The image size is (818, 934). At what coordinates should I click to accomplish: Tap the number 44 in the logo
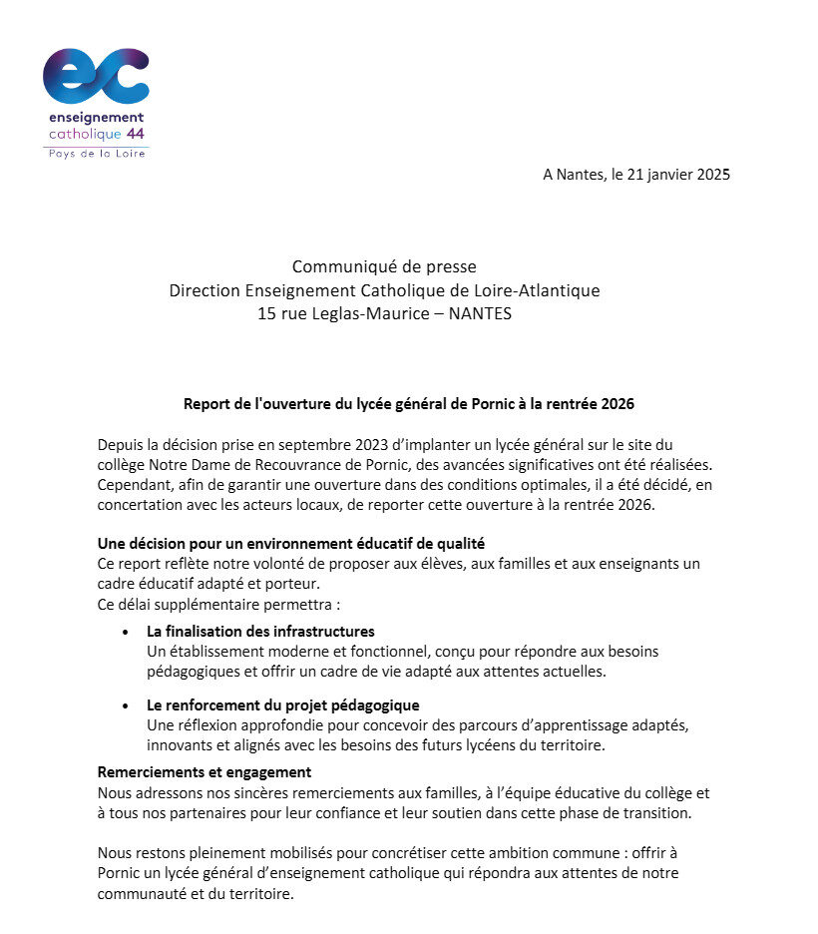tap(136, 134)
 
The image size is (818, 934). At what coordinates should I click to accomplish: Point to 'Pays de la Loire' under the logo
tap(95, 153)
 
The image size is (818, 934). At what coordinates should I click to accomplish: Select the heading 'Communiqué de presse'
tap(384, 266)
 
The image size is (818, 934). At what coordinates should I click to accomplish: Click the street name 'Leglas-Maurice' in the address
tap(370, 314)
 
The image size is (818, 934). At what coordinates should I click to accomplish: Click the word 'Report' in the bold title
tap(206, 404)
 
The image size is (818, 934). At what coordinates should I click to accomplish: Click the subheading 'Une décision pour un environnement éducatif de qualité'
tap(291, 544)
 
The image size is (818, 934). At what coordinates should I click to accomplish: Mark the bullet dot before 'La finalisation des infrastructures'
tap(125, 632)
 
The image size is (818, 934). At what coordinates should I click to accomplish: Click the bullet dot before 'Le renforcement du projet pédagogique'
tap(125, 705)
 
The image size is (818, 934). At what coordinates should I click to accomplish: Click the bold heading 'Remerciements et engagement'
tap(204, 772)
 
